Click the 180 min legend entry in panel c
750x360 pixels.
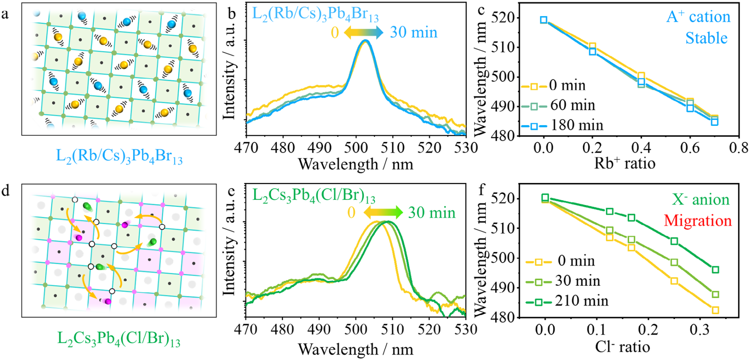(562, 125)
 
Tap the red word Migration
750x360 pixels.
(698, 221)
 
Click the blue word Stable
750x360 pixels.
(706, 38)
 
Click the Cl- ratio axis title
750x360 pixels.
(622, 347)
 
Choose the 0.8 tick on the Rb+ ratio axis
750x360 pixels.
(738, 148)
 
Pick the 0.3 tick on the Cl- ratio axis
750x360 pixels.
(699, 330)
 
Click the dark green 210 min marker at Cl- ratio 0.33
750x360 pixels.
(715, 270)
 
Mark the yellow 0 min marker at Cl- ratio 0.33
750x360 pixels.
(715, 310)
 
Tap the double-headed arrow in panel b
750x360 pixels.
(364, 33)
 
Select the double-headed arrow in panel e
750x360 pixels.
(383, 213)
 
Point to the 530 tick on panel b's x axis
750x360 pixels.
(466, 148)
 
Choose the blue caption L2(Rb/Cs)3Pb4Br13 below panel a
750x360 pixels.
(119, 156)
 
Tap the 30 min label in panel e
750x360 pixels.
(432, 213)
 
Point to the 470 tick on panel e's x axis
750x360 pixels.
(246, 330)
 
